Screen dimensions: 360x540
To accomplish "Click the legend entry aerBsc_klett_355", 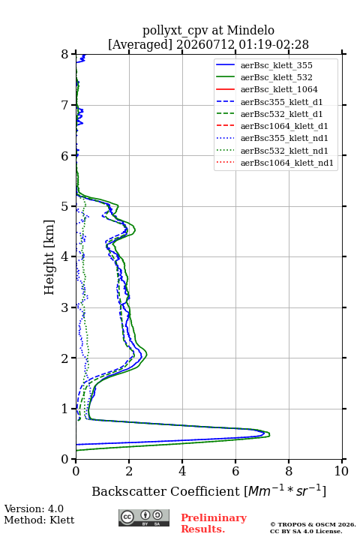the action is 276,65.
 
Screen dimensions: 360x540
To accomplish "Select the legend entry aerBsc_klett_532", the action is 276,77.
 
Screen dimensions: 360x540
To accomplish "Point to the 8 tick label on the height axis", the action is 65,55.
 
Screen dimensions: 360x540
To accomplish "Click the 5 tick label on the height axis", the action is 65,206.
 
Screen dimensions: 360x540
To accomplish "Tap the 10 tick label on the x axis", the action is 341,471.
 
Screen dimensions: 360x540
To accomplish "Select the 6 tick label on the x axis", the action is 235,471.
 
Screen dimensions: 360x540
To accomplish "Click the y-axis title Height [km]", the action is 49,257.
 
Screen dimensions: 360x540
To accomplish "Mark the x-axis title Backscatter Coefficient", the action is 166,491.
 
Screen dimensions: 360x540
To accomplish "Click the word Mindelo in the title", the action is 250,30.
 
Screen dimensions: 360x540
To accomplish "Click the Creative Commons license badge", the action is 144,517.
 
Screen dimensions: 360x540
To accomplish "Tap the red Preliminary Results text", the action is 214,523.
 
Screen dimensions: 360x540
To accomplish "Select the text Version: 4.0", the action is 34,508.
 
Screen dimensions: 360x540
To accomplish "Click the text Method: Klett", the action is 39,520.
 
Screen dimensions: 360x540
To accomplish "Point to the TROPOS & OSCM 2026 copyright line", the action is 313,524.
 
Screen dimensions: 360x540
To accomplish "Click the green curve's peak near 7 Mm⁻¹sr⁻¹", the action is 269,434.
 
